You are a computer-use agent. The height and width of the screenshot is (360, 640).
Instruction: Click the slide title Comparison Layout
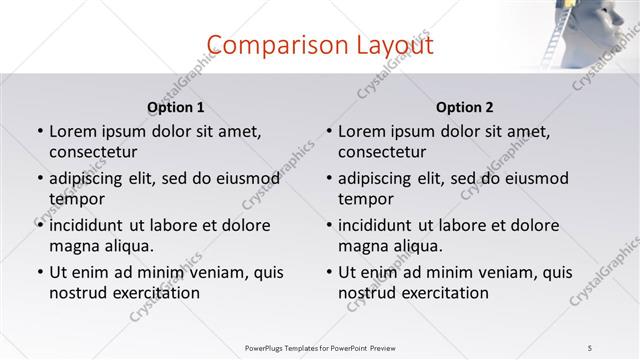coord(320,45)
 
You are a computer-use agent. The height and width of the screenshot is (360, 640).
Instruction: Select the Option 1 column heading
coord(175,107)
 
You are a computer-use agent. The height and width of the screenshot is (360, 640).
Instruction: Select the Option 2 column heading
coord(464,107)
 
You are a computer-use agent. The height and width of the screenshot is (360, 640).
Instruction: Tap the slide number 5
coord(591,347)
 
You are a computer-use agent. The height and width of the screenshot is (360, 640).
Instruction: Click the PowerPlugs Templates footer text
coord(320,347)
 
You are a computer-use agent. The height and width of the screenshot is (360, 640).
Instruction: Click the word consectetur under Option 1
coord(93,152)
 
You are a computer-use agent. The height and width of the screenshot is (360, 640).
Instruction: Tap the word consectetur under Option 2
coord(382,152)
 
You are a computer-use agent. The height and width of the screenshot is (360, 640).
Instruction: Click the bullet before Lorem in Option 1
coord(40,132)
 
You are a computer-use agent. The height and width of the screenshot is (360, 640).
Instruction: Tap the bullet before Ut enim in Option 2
coord(329,272)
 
